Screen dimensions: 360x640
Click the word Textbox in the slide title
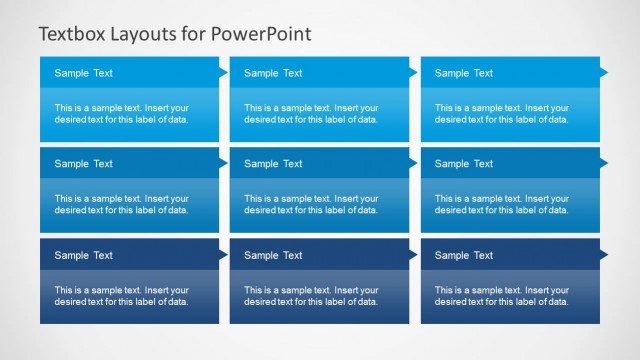pyautogui.click(x=72, y=33)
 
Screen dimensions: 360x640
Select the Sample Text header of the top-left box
pyautogui.click(x=83, y=73)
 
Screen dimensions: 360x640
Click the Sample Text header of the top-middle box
pyautogui.click(x=273, y=73)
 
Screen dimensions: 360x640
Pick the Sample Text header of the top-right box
pyautogui.click(x=463, y=73)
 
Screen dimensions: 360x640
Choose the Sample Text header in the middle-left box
pyautogui.click(x=83, y=164)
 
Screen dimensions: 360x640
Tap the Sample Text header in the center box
pyautogui.click(x=273, y=164)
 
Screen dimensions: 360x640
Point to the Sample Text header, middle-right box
pyautogui.click(x=463, y=164)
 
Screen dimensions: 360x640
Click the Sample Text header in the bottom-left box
pyautogui.click(x=83, y=255)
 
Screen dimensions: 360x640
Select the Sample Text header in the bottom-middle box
pyautogui.click(x=273, y=255)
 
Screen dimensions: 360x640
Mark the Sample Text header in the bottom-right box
pyautogui.click(x=463, y=255)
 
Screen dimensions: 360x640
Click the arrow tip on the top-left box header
pyautogui.click(x=223, y=72)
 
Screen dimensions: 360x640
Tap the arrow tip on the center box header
pyautogui.click(x=413, y=163)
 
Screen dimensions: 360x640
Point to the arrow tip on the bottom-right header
pyautogui.click(x=603, y=254)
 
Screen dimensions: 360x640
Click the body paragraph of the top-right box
pyautogui.click(x=501, y=113)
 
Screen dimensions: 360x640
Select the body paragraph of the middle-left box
pyautogui.click(x=121, y=204)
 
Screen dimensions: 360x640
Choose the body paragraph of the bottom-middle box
pyautogui.click(x=311, y=295)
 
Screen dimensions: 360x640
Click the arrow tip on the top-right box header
pyautogui.click(x=603, y=72)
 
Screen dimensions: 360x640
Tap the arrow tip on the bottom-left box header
pyautogui.click(x=223, y=254)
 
